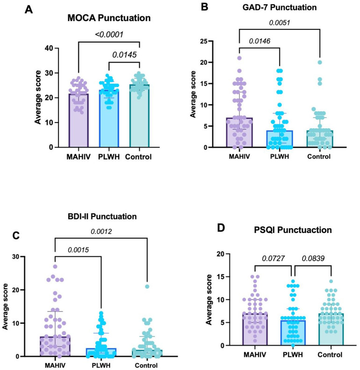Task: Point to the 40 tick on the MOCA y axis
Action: (x=47, y=48)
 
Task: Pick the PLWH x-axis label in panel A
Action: (x=111, y=157)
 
